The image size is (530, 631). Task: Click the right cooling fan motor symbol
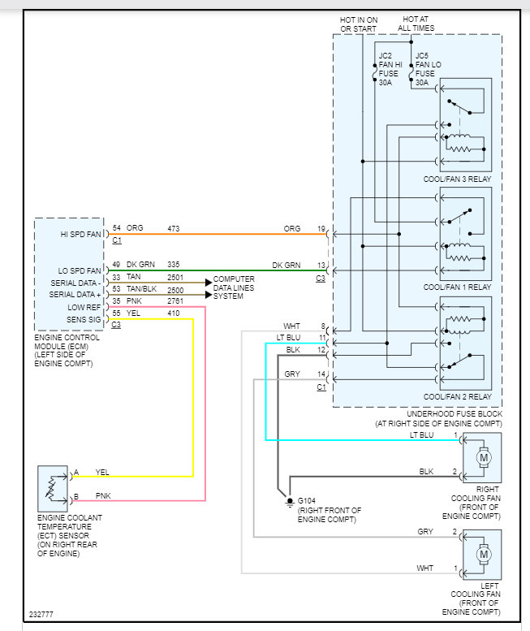[x=485, y=457]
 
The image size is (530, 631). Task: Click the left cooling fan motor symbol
[x=485, y=555]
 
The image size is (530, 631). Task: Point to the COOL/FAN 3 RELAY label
[x=458, y=178]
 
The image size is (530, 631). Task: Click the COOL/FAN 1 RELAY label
[x=458, y=287]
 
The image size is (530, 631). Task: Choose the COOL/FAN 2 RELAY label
[x=458, y=396]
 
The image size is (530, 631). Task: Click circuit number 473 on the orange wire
[x=174, y=228]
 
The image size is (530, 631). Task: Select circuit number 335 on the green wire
[x=174, y=264]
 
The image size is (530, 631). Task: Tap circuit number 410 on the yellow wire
[x=174, y=313]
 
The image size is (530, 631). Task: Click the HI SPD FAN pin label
[x=81, y=234]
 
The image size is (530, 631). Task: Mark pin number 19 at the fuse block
[x=321, y=228]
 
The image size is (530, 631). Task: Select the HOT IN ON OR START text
[x=358, y=24]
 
